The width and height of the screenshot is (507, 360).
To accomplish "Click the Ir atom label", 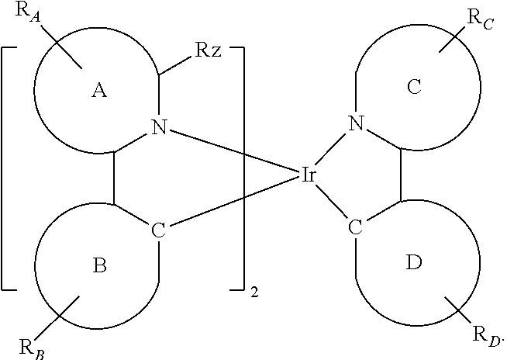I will coord(308,176).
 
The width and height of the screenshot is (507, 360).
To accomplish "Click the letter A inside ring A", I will coord(98,91).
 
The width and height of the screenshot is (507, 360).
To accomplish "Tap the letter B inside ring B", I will coord(99,266).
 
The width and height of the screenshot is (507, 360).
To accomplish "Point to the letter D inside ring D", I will coord(415,263).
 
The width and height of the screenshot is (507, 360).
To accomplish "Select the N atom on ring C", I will coord(356,123).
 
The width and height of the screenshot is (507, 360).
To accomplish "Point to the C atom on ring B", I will coord(159,230).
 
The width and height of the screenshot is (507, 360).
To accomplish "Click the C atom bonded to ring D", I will coord(356,227).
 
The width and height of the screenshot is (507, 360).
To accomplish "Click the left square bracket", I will coord(8,168).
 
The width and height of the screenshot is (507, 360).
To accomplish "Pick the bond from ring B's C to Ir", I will coord(233,202).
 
